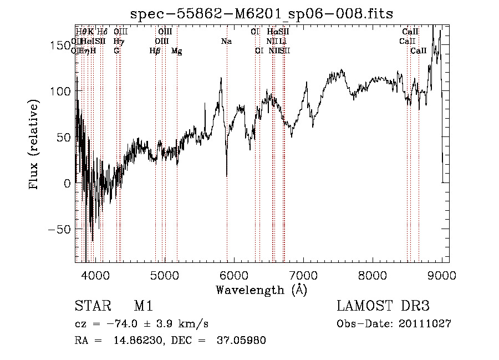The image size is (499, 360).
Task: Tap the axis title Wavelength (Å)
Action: point(261,290)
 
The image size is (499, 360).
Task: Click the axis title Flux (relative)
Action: point(34,145)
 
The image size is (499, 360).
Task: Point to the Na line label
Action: point(226,42)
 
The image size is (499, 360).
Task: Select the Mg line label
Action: point(177,51)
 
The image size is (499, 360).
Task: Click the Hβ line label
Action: point(155,51)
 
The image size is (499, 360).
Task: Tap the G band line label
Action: point(116,51)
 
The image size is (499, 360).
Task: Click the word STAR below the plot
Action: point(91,307)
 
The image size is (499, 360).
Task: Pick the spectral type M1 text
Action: point(143,307)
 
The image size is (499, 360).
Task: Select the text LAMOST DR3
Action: point(383,307)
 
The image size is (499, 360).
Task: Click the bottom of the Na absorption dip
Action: point(227,176)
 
